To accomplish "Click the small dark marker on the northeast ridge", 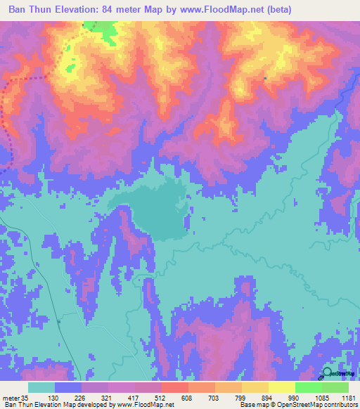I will pos(265,78).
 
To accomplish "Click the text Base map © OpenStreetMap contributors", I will pos(298,405).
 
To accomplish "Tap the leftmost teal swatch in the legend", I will pos(41,387).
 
